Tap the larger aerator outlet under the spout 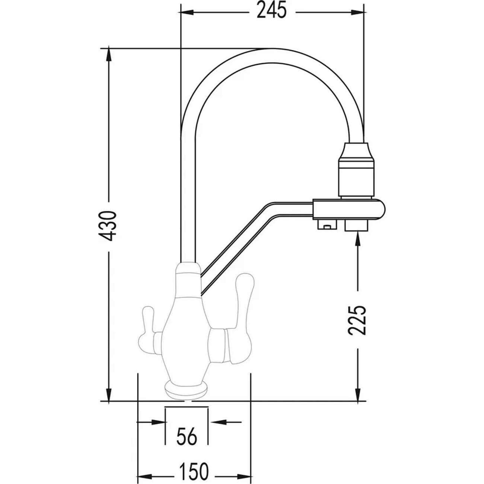click(357, 225)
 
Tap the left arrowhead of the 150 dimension click(146, 470)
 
